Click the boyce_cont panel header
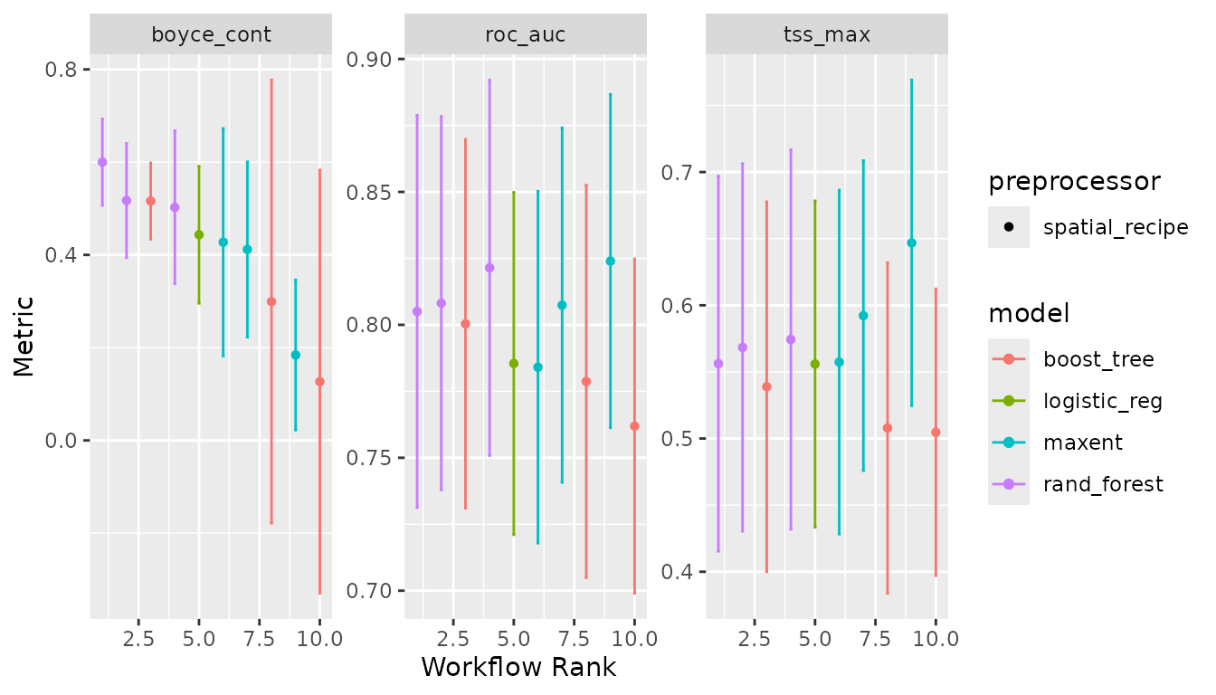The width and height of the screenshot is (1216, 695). (x=210, y=35)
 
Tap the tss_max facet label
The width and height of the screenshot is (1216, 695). (x=826, y=35)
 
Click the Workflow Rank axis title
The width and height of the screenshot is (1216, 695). (x=518, y=667)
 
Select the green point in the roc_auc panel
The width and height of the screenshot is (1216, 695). (x=514, y=363)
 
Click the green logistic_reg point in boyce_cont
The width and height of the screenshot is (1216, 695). (x=199, y=234)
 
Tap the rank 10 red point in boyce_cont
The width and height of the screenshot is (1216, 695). (x=319, y=382)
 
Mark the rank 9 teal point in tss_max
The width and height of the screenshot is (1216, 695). (x=911, y=243)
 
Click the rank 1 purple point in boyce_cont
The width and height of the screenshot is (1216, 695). (x=102, y=162)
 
